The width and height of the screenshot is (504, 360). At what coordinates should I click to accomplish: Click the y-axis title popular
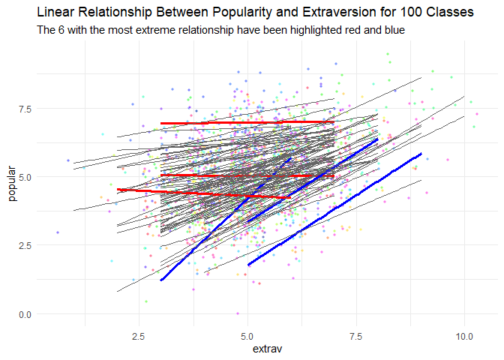tap(11, 184)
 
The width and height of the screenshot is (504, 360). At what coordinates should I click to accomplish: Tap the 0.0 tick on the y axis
tap(25, 313)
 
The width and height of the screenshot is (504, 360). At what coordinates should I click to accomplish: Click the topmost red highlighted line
tap(247, 122)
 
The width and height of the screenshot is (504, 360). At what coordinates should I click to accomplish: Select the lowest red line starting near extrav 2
tap(202, 193)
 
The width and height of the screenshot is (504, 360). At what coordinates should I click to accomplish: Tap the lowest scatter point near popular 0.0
tap(238, 313)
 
